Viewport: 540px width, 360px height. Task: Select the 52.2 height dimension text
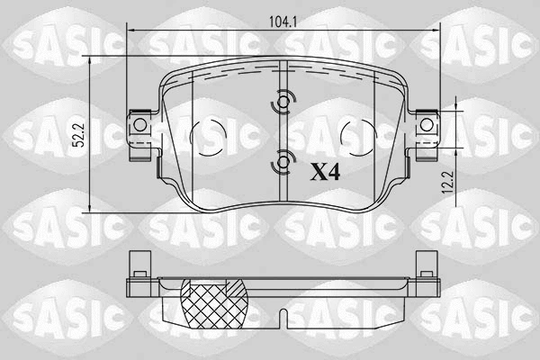(x=79, y=134)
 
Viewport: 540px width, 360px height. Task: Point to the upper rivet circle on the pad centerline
(x=284, y=103)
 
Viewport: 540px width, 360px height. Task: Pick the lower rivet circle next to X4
(x=284, y=163)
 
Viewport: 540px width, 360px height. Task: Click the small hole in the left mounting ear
(x=139, y=124)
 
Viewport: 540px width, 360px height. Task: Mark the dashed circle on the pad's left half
(x=208, y=136)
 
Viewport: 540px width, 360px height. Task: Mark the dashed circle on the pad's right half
(x=360, y=136)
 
